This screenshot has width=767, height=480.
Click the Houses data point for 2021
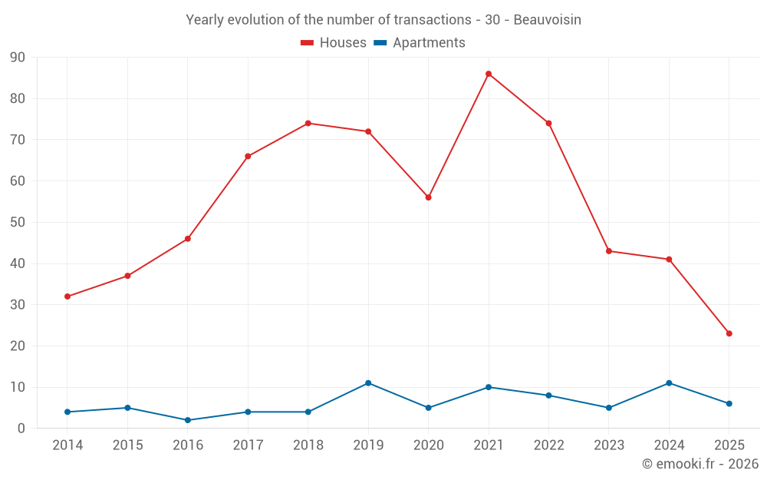(489, 74)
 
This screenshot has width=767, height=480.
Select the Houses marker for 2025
(729, 333)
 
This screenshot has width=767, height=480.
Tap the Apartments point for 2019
(368, 383)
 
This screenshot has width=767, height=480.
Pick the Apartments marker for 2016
(188, 420)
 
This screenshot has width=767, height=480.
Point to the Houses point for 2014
(67, 296)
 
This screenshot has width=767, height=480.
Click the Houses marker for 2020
(429, 197)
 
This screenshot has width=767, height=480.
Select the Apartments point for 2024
(669, 383)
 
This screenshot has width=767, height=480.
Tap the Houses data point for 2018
(308, 123)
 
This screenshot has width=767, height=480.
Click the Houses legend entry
(334, 43)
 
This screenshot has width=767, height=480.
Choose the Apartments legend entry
(420, 43)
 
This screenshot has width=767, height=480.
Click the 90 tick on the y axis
(18, 58)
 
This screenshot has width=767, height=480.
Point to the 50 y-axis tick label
(18, 223)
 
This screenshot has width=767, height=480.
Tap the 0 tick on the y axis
(21, 429)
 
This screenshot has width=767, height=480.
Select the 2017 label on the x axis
(248, 445)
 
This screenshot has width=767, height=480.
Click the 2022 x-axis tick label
(548, 445)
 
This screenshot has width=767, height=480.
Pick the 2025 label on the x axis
(729, 445)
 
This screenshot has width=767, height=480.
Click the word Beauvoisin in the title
(547, 20)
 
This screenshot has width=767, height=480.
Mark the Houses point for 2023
(609, 251)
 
